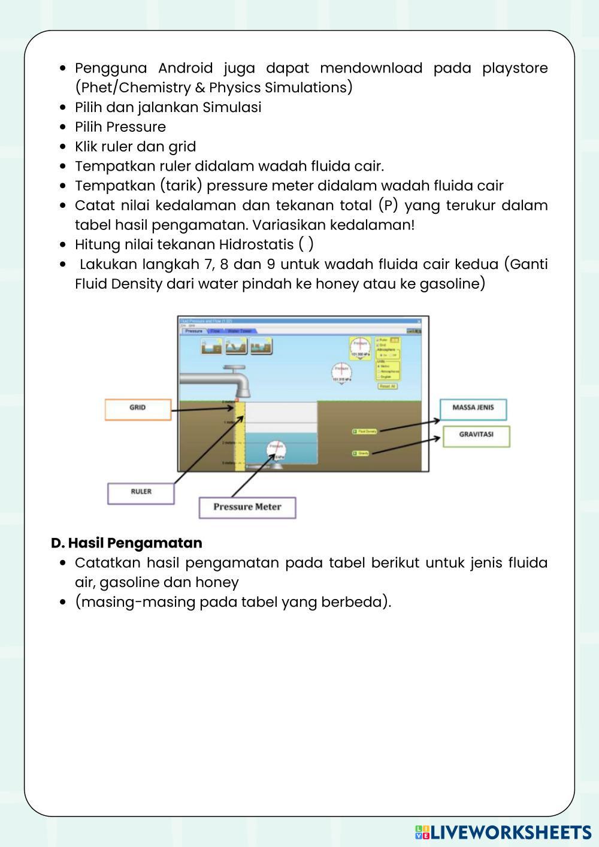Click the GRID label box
pos(137,408)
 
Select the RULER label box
pos(141,492)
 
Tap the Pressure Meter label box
pos(247,507)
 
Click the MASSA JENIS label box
pos(473,408)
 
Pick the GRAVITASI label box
pos(476,435)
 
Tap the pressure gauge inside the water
pos(276,450)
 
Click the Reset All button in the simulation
pos(388,386)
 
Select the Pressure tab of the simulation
pos(194,331)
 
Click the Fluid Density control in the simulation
pos(365,431)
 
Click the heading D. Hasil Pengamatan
pos(126,543)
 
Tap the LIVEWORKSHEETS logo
pos(503,832)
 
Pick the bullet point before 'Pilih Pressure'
pos(63,127)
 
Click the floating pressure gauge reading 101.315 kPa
pos(341,372)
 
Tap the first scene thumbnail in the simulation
pos(211,346)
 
